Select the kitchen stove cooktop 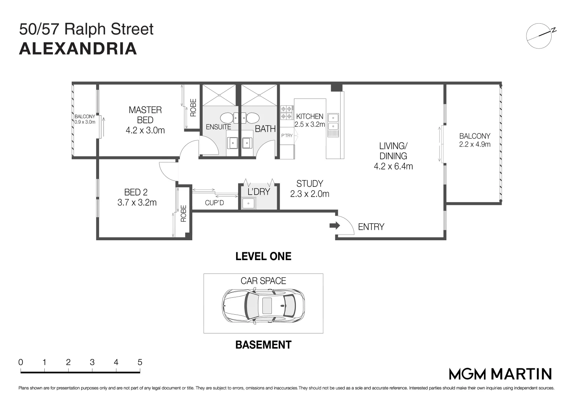tap(286, 112)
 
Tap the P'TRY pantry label tap(287, 136)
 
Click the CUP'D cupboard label tap(214, 203)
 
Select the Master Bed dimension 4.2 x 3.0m tap(145, 130)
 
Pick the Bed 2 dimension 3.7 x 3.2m tap(137, 203)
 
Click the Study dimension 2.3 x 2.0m tap(310, 194)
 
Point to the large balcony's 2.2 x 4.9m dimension tap(475, 144)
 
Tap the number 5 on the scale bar tap(140, 362)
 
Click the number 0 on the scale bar tap(21, 362)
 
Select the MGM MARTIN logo tap(500, 374)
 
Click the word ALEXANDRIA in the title tap(78, 49)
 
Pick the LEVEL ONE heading tap(263, 256)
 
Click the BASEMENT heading tap(263, 345)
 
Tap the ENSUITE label tap(218, 127)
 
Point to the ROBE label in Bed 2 tap(184, 213)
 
